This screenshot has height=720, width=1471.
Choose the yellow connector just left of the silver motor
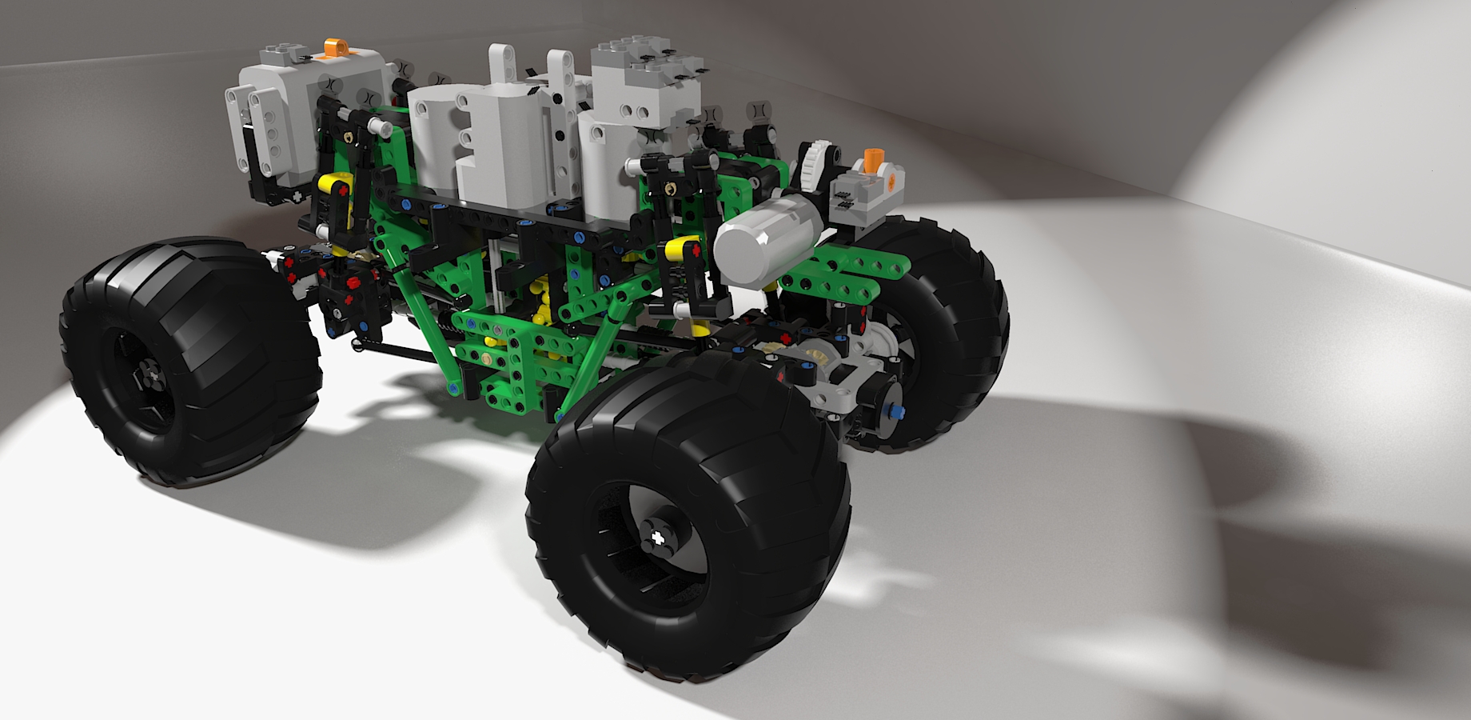tap(684, 249)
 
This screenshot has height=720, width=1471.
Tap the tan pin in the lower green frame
tap(488, 360)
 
